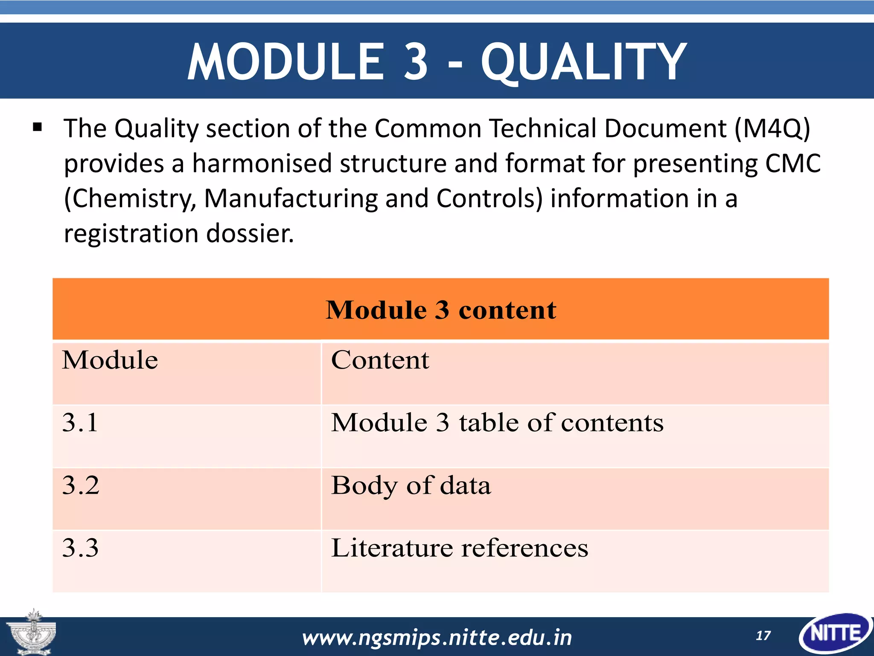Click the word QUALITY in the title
pyautogui.click(x=583, y=62)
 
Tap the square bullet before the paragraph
pyautogui.click(x=38, y=127)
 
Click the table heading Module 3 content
pyautogui.click(x=441, y=310)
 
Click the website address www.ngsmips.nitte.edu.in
pyautogui.click(x=437, y=638)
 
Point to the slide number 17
pyautogui.click(x=763, y=636)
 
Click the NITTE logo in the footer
pyautogui.click(x=836, y=633)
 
